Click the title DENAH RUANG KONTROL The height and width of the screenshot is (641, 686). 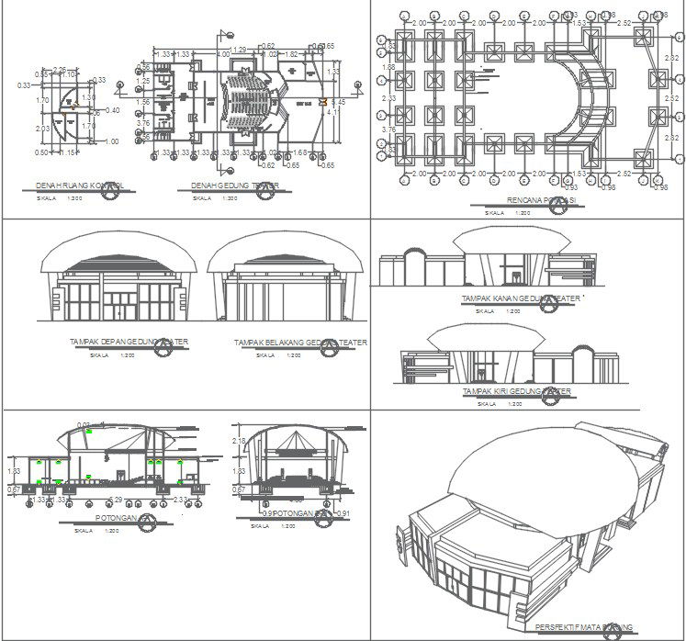click(x=78, y=186)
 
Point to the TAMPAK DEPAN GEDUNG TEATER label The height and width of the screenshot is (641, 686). click(x=129, y=342)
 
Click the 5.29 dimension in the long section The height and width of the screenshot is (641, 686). click(x=117, y=500)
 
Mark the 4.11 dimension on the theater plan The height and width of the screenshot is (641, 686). click(x=332, y=113)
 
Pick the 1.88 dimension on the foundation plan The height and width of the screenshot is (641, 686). click(x=388, y=67)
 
